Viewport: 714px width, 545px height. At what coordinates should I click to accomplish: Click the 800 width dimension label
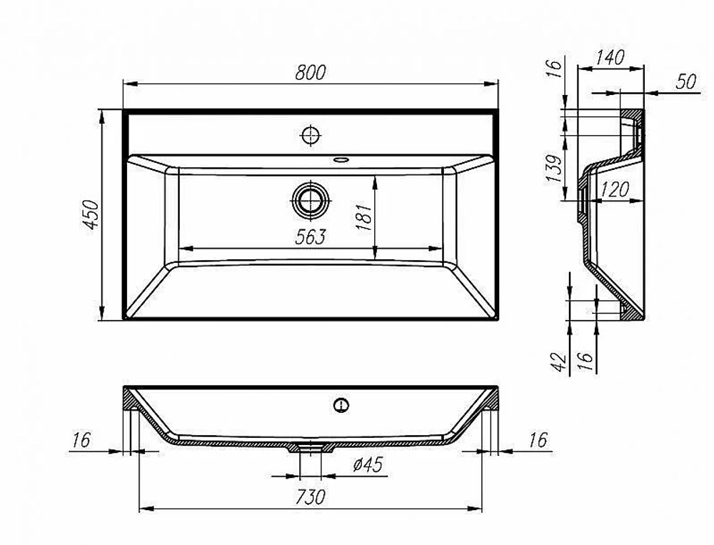311,73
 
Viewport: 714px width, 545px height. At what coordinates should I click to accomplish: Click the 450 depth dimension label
92,214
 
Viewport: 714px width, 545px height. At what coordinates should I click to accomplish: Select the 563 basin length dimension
311,237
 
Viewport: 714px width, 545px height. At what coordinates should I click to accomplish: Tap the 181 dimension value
365,217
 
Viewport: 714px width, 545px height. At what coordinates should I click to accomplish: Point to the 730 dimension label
311,497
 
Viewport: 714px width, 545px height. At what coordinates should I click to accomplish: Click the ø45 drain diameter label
368,464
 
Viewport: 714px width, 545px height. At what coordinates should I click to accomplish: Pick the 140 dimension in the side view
610,58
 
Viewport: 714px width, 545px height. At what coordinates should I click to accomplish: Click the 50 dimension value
685,82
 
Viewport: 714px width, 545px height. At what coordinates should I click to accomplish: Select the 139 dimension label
554,169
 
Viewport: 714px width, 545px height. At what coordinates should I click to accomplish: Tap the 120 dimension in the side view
615,189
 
